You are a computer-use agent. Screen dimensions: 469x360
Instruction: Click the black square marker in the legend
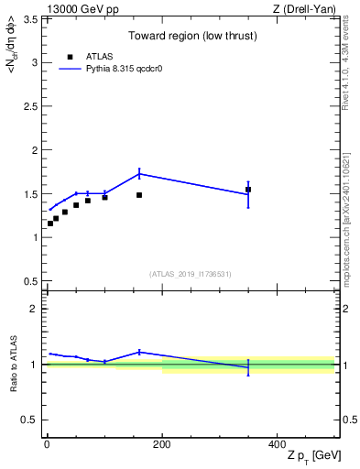click(69, 57)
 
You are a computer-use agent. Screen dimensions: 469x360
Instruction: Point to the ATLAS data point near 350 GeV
click(248, 190)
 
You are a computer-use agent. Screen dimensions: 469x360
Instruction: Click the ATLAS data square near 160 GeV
click(139, 195)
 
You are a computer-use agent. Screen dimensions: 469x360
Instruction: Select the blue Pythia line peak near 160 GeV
click(139, 173)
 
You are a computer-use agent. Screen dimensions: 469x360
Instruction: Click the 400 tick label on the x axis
click(277, 443)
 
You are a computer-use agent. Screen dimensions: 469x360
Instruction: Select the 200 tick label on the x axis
click(162, 443)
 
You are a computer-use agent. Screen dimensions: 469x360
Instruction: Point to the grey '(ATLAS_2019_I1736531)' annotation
click(191, 273)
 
